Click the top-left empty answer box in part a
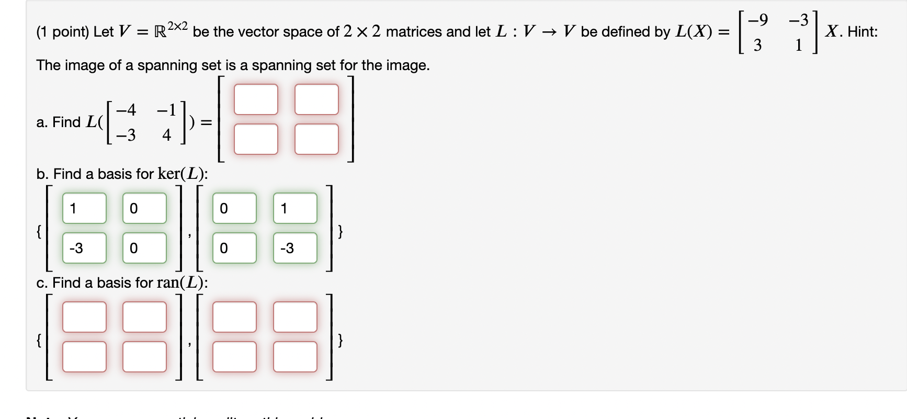256,99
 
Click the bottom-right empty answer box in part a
316,139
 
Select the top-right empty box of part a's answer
316,99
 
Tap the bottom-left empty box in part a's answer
256,139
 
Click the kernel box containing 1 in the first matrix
84,208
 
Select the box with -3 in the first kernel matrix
84,248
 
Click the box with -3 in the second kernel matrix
295,248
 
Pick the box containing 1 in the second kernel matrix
295,208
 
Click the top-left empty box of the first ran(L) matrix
84,317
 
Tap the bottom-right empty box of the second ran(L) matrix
295,357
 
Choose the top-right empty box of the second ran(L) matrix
295,317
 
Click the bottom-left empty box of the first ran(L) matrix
84,357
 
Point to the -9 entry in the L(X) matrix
758,20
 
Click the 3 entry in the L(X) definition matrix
757,46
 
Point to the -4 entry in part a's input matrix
126,110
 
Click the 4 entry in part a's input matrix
167,135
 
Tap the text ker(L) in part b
182,174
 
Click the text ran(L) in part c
181,282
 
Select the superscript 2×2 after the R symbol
177,26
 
